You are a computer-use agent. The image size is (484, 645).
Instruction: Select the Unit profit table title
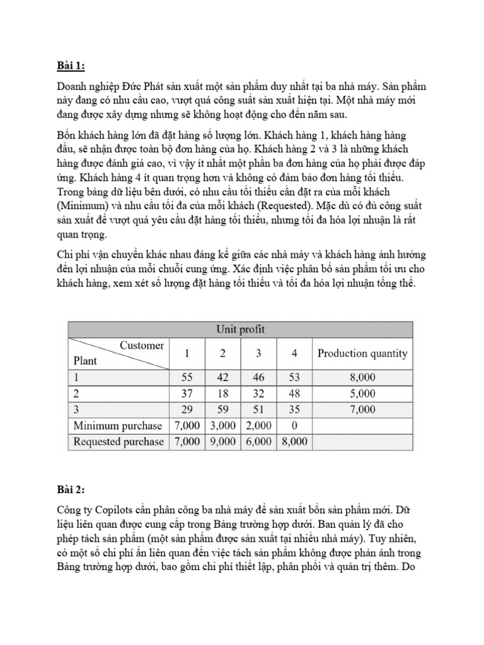click(240, 329)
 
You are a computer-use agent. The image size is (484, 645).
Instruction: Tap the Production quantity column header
click(362, 353)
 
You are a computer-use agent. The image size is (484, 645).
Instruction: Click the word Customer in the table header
click(142, 345)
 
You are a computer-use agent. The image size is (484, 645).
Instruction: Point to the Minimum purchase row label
click(118, 426)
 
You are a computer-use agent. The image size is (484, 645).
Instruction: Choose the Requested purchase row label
click(118, 442)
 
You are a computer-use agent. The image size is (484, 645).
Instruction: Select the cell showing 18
click(222, 394)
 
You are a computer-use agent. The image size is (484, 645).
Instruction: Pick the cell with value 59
click(222, 409)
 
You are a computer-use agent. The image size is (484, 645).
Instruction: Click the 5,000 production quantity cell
click(362, 394)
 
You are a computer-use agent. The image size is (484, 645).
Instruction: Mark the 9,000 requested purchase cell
click(222, 442)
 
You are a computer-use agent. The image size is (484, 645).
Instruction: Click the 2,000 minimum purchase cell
click(258, 426)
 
